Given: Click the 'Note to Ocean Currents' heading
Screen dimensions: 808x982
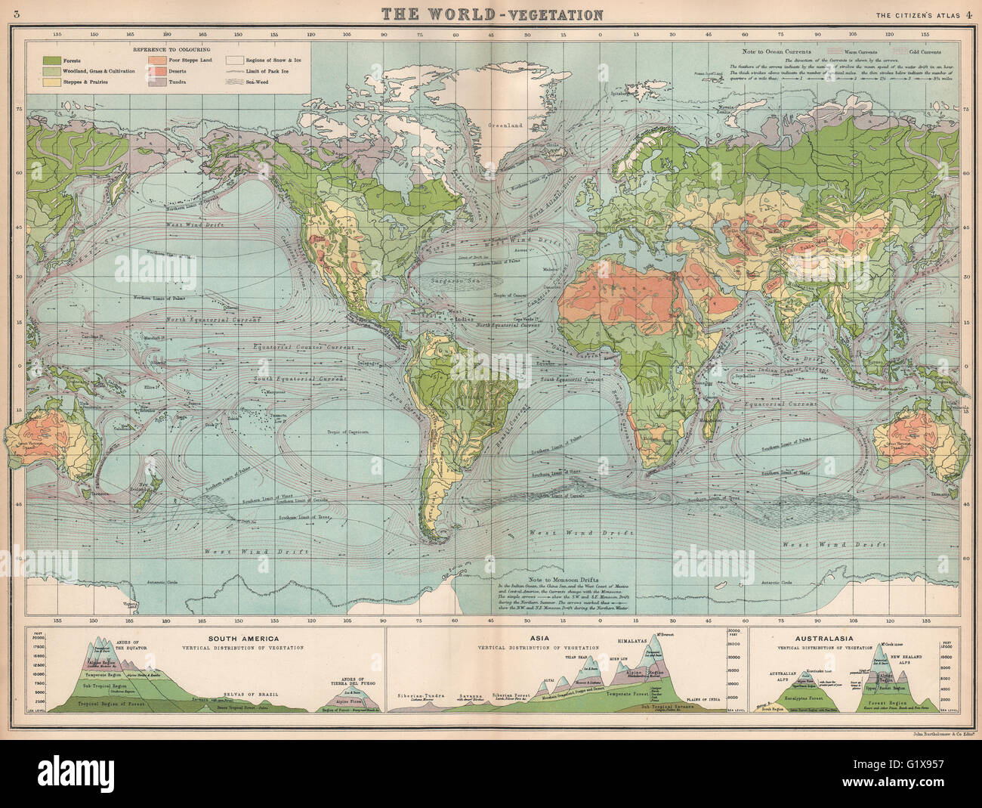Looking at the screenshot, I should pyautogui.click(x=771, y=49).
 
